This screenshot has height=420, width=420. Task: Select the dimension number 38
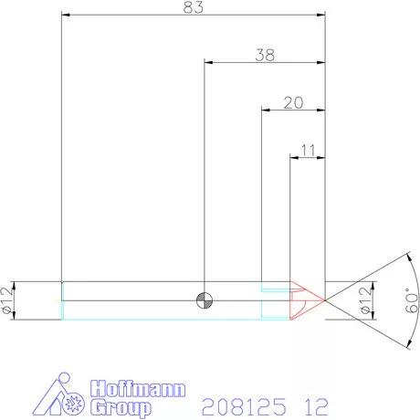(x=265, y=55)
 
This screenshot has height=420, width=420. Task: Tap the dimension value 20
(x=293, y=102)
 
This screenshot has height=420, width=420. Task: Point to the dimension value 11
(x=307, y=149)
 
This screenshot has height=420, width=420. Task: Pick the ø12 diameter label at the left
(x=7, y=300)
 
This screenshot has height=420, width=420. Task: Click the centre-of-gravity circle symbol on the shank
(x=205, y=299)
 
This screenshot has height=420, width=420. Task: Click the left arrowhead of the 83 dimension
(x=66, y=14)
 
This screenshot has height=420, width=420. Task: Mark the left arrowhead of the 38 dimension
(x=209, y=62)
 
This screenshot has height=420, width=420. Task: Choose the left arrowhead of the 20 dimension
(x=267, y=110)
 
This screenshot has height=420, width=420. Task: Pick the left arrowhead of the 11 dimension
(x=294, y=156)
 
